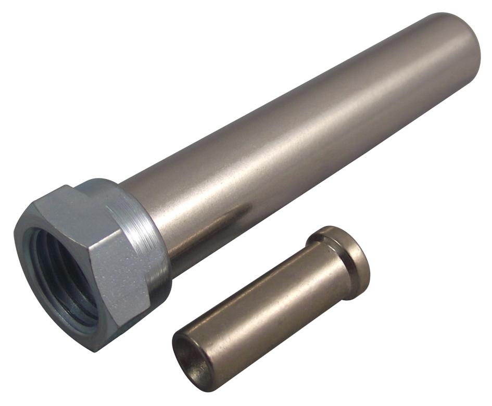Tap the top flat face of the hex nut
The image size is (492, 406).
pyautogui.click(x=78, y=200)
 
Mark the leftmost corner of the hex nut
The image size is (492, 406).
pyautogui.click(x=16, y=229)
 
